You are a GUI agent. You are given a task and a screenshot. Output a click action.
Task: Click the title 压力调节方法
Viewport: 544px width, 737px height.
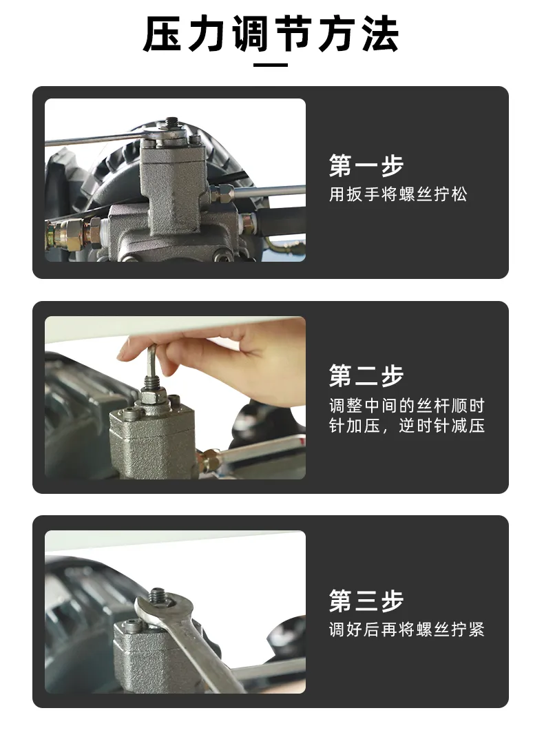[x=271, y=34]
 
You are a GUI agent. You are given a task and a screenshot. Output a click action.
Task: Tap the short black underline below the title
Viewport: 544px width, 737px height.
[x=271, y=65]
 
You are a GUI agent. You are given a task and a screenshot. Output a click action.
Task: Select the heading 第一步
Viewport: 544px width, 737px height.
[x=366, y=165]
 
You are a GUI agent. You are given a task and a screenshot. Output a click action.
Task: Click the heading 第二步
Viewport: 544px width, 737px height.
[x=366, y=375]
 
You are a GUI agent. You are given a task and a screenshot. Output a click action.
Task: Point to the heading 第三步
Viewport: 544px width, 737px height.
[x=366, y=600]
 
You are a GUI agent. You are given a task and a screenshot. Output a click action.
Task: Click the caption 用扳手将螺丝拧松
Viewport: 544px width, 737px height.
[x=398, y=194]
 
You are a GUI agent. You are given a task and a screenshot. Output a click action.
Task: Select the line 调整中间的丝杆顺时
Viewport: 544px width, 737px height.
[x=406, y=405]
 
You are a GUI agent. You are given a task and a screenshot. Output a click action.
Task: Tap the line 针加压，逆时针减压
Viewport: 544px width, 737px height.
[x=406, y=426]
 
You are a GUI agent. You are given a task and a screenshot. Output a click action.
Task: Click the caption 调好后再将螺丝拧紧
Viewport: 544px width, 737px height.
[x=406, y=630]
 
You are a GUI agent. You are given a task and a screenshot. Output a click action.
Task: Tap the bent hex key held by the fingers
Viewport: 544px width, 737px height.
[x=152, y=361]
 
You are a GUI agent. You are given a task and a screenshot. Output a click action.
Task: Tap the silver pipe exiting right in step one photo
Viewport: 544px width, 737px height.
[x=268, y=191]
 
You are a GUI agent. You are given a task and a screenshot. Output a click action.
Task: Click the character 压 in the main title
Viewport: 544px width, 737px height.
[x=162, y=34]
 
